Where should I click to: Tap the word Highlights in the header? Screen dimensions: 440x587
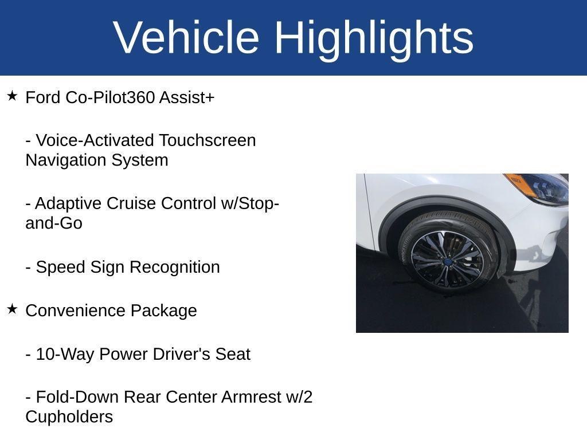click(x=374, y=38)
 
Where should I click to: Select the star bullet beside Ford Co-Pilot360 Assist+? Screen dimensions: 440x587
click(x=12, y=96)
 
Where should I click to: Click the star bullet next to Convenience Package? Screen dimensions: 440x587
click(x=12, y=309)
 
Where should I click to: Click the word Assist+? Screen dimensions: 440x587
click(x=187, y=97)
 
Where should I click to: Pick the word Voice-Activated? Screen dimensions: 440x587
click(x=95, y=140)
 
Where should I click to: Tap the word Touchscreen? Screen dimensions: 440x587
click(x=208, y=140)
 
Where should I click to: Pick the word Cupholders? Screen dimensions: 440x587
click(x=69, y=417)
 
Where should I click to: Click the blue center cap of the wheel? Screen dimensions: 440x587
click(x=447, y=261)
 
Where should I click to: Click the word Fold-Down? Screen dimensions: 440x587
click(x=78, y=397)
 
